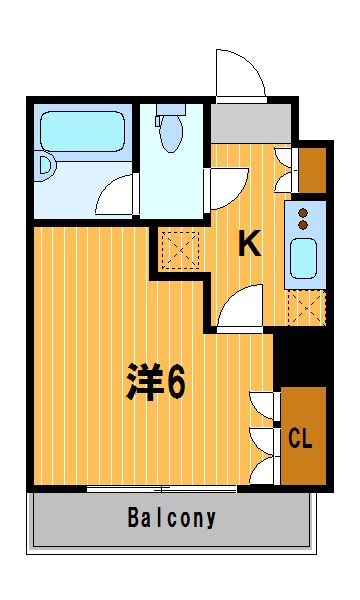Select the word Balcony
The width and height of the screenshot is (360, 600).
click(172, 518)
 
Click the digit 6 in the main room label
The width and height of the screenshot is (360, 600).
click(177, 381)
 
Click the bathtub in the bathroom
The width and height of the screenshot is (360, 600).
click(83, 131)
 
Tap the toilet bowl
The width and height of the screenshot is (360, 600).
click(171, 133)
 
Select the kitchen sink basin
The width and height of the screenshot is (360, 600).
click(303, 258)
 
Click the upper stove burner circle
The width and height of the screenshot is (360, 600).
click(303, 213)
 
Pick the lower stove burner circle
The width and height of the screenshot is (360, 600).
click(303, 225)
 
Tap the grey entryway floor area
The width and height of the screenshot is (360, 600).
click(251, 122)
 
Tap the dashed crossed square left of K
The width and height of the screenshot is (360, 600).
click(181, 250)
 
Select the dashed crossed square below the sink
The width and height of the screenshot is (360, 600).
click(306, 308)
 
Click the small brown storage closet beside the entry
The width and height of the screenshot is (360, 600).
click(312, 170)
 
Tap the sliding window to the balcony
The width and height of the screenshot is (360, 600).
click(161, 489)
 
